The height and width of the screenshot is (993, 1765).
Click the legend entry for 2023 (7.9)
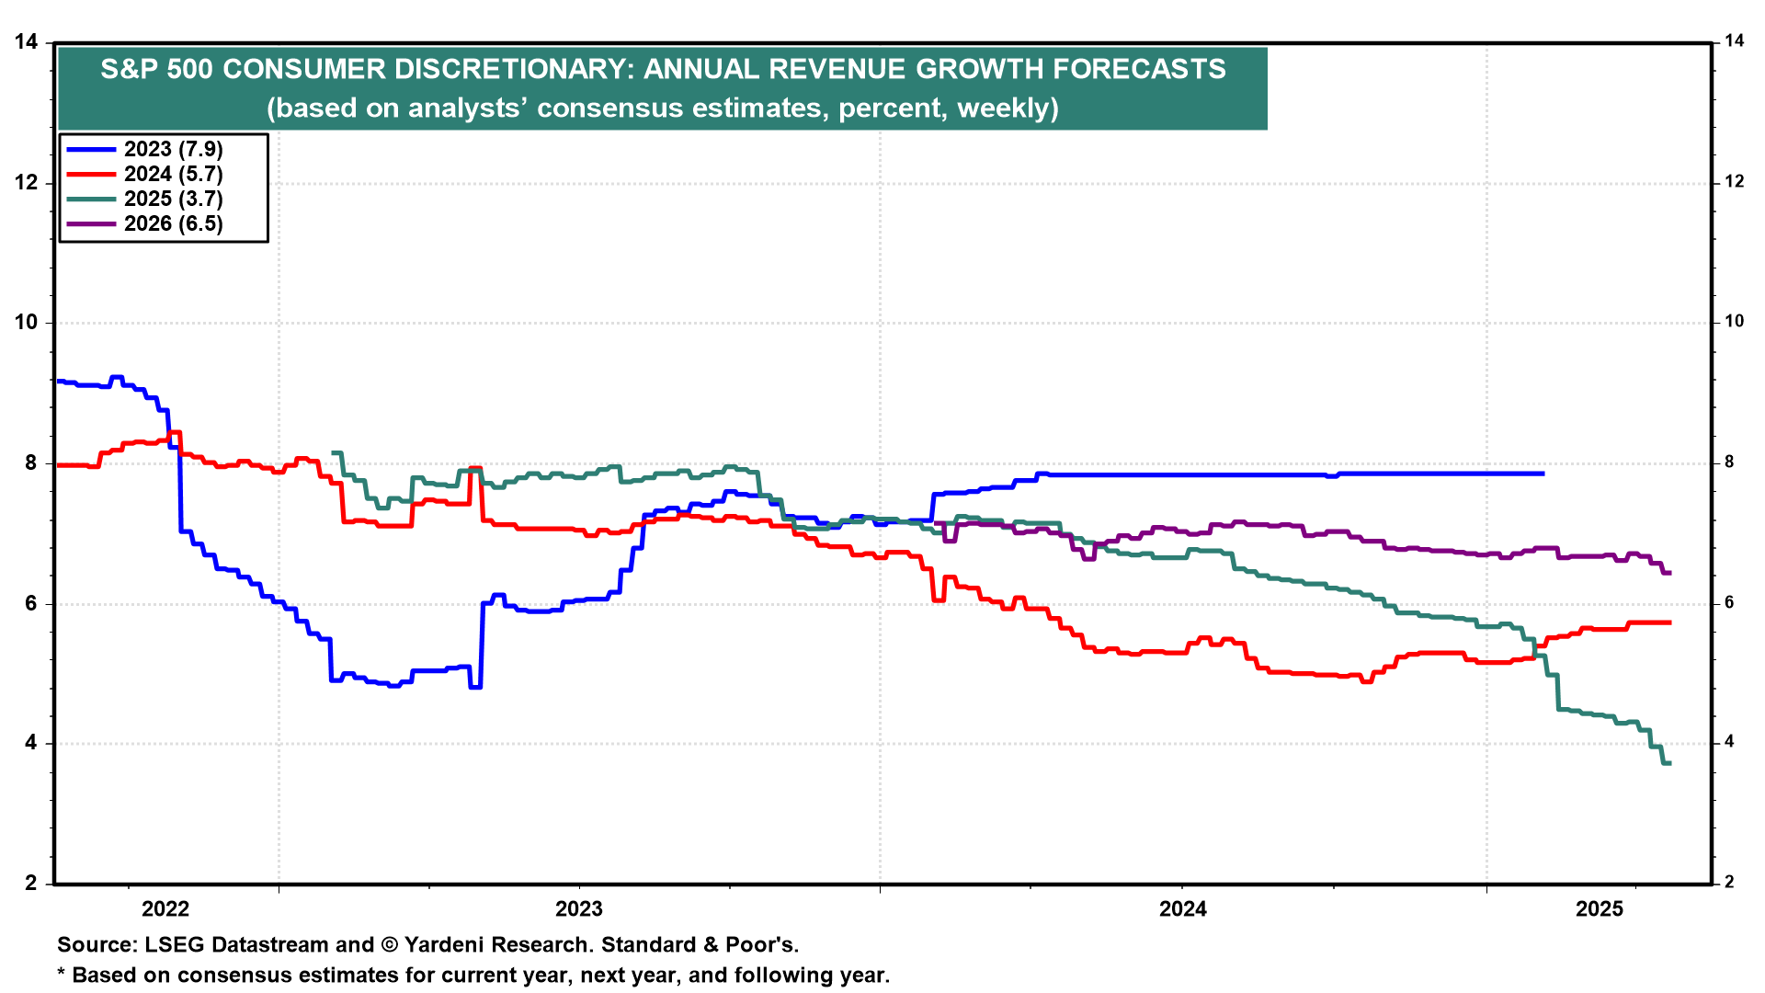coord(173,150)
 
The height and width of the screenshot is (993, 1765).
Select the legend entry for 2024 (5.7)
coord(173,175)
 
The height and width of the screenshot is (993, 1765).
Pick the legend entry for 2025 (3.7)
coord(173,200)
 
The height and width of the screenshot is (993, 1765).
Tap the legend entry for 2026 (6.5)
coord(173,224)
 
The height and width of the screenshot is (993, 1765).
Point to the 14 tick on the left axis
coord(27,42)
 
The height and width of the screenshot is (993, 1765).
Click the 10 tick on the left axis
coord(27,323)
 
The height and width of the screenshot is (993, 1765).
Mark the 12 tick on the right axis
coord(1734,182)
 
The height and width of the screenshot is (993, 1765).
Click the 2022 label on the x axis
coord(165,909)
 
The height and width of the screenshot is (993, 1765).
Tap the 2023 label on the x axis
coord(579,909)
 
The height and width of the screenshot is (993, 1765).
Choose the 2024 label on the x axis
coord(1183,909)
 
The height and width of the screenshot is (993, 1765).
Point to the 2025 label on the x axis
coord(1600,909)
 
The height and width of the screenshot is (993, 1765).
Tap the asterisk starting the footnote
coord(62,974)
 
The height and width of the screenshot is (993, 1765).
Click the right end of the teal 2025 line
coord(1669,763)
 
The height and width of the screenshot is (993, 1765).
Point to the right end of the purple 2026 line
coord(1669,573)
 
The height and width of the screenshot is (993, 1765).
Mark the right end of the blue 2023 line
coord(1543,474)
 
